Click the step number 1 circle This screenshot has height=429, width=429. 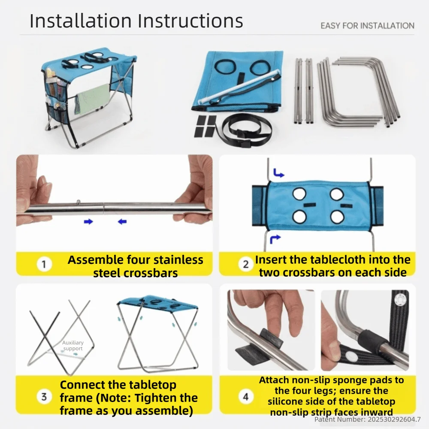tap(44, 264)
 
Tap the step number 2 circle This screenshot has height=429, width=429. tap(246, 264)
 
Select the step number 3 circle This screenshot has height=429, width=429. tap(44, 397)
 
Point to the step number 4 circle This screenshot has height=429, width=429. tap(246, 397)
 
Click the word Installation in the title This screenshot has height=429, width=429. tap(81, 21)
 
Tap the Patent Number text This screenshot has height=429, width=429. tap(368, 419)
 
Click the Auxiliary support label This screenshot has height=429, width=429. tap(73, 345)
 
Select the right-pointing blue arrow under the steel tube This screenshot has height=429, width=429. tap(88, 222)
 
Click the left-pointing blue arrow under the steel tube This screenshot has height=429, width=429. tap(122, 221)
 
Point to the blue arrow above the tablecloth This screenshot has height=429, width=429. tap(278, 173)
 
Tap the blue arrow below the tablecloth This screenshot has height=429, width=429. tap(275, 239)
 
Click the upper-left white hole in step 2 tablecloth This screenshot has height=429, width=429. tap(299, 194)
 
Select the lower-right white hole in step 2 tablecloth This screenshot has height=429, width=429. tap(337, 217)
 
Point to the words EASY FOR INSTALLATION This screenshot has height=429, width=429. tap(368, 26)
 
